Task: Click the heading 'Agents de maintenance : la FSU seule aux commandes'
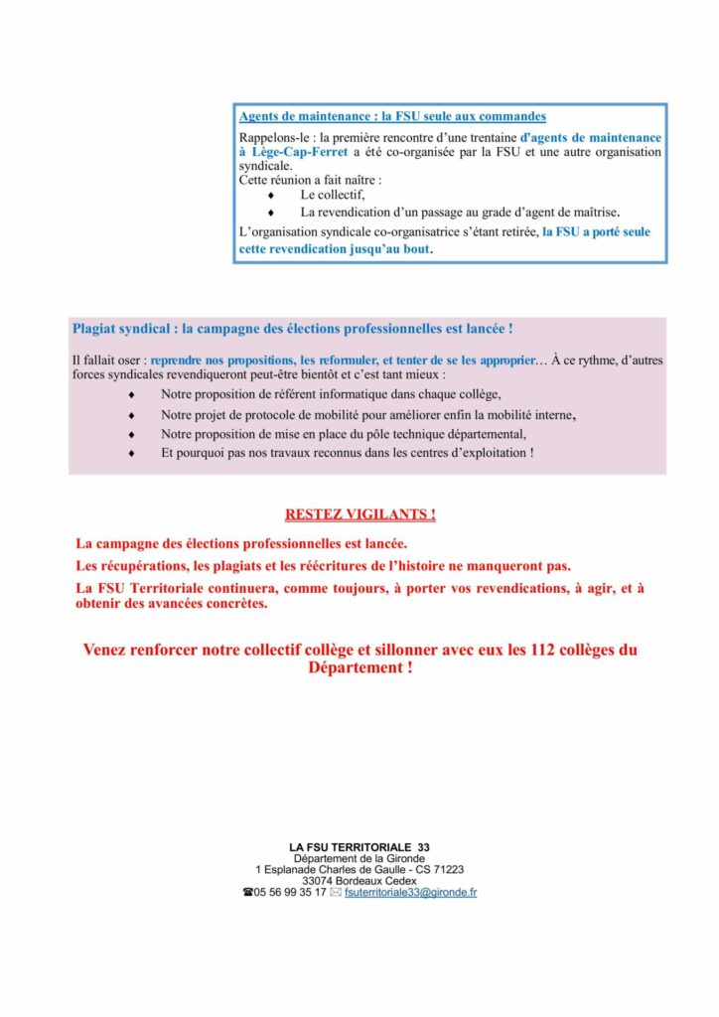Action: [392, 117]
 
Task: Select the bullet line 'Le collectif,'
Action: [334, 196]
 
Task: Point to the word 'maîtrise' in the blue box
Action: [592, 213]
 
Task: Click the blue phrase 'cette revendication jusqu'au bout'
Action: [335, 249]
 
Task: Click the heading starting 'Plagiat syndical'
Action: [292, 329]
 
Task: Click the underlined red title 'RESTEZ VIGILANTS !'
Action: [359, 514]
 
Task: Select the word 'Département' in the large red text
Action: [355, 668]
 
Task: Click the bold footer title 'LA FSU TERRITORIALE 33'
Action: [359, 847]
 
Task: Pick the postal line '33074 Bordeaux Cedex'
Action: [359, 880]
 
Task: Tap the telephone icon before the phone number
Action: [247, 893]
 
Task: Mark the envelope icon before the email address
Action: [335, 893]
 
